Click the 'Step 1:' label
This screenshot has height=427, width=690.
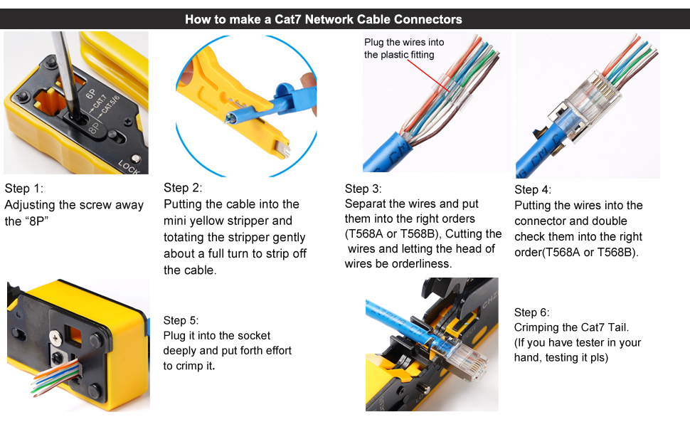(24, 189)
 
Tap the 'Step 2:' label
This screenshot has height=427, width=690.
(183, 188)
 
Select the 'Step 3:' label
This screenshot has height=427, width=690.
(363, 189)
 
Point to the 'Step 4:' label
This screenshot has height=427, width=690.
(533, 189)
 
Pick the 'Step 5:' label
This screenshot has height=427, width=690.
(181, 320)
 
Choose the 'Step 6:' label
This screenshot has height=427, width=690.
(532, 312)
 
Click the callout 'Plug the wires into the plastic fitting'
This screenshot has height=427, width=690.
(403, 48)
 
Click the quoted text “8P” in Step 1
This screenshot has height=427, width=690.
(40, 221)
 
